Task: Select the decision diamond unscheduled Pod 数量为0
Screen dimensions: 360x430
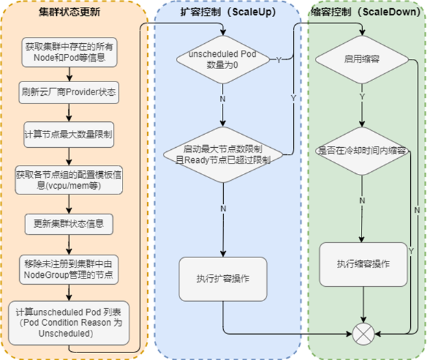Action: pos(223,60)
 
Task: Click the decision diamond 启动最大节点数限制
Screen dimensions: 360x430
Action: pos(223,155)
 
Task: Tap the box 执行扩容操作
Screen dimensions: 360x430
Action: pos(223,278)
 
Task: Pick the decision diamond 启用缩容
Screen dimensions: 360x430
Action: pos(362,60)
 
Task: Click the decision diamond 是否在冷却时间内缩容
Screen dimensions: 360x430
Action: pos(362,150)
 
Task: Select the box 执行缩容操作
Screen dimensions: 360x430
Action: pos(362,263)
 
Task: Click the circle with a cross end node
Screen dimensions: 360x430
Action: pos(362,335)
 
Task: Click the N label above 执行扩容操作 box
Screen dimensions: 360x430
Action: pos(223,208)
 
